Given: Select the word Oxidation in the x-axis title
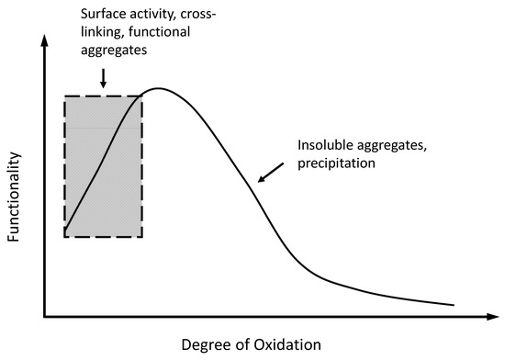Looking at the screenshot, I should pos(288,344).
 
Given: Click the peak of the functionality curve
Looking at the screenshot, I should pos(160,89).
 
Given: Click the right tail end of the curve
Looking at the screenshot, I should pos(454,304).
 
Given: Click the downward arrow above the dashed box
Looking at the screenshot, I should pos(103,82).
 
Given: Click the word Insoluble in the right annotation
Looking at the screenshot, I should pos(324,146).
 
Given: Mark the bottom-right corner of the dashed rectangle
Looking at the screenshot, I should pos(142,237).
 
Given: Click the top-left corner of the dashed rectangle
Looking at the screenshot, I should pos(64,96).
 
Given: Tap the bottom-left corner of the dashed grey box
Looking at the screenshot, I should pos(64,237).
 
